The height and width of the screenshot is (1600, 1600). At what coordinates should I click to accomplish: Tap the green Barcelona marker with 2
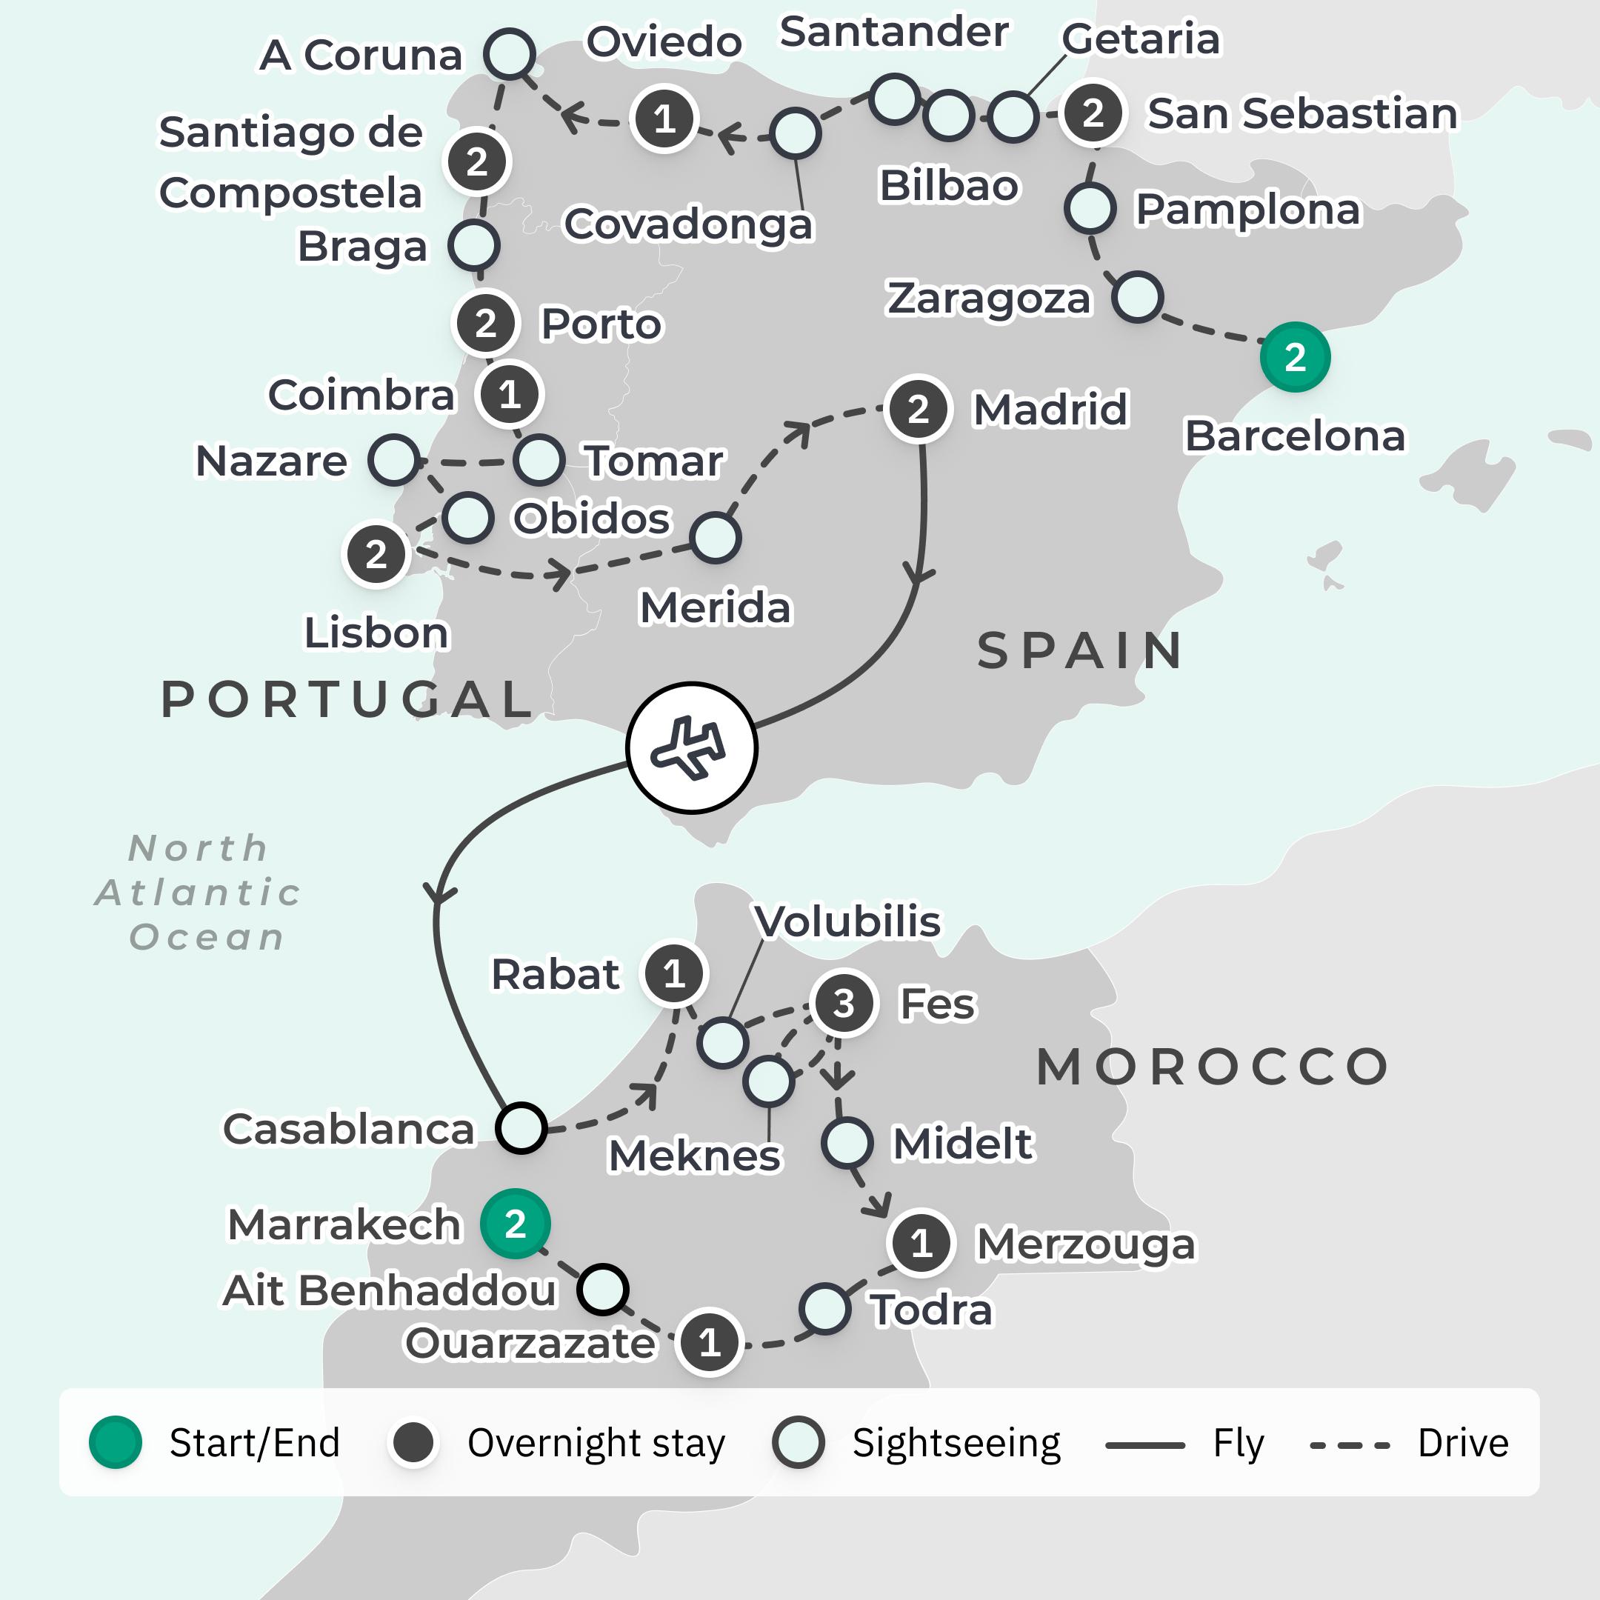click(x=1294, y=357)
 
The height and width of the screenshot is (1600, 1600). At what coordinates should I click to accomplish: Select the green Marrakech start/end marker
click(x=515, y=1223)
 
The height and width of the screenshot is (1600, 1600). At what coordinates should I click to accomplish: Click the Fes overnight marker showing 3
click(x=843, y=1003)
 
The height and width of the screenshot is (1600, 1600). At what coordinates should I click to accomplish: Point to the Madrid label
click(x=1050, y=409)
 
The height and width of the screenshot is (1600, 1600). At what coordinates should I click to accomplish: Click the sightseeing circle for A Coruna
click(x=510, y=54)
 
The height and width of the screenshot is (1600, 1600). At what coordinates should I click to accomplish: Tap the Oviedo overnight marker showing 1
click(x=664, y=119)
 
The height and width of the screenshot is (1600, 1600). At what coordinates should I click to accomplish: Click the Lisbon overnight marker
click(x=376, y=554)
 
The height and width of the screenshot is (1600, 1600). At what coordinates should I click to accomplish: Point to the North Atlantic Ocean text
click(x=199, y=893)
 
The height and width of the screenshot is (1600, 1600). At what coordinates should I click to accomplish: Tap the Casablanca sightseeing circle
click(x=521, y=1127)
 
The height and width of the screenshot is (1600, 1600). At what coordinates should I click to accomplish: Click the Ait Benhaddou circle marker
click(x=602, y=1289)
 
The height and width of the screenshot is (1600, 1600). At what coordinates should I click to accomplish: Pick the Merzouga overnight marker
click(x=921, y=1243)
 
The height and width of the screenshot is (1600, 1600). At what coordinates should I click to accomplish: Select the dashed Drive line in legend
click(x=1349, y=1446)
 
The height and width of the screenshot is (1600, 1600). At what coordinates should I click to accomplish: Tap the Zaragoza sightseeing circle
click(x=1138, y=297)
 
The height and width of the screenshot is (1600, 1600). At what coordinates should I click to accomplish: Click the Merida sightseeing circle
click(x=715, y=538)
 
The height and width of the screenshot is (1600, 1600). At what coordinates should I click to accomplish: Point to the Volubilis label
click(x=847, y=921)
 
